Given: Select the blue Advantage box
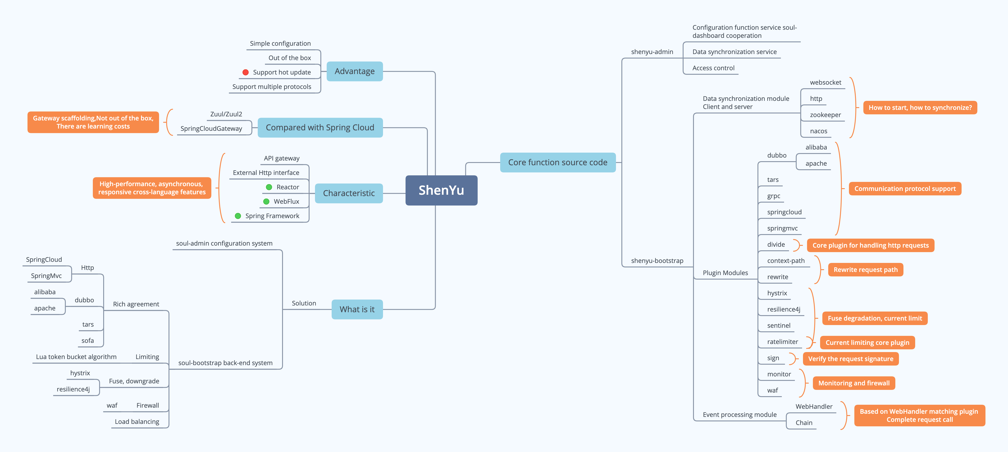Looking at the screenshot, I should [355, 71].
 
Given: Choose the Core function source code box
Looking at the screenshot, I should [558, 162].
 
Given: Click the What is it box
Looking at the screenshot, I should [357, 309].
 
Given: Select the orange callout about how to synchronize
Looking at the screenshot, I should [920, 108].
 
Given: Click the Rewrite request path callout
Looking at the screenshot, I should [866, 270].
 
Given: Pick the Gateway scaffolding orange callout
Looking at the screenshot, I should [93, 122].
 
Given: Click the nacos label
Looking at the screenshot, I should [819, 131].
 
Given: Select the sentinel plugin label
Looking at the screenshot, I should [779, 325].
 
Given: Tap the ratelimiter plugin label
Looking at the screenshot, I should [783, 342].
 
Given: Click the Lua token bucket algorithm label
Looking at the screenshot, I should [76, 357].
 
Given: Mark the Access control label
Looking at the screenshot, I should [713, 68].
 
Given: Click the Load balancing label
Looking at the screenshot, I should [137, 422].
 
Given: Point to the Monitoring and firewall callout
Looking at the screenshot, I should [854, 383].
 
